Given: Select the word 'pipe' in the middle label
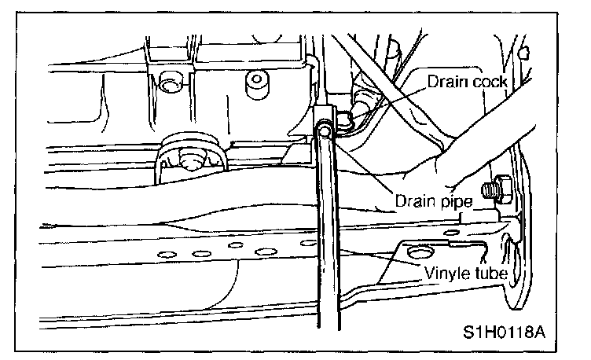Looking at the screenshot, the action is pyautogui.click(x=453, y=202).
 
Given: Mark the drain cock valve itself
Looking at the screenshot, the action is pyautogui.click(x=347, y=118).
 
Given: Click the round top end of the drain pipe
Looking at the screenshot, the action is pyautogui.click(x=323, y=130).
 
